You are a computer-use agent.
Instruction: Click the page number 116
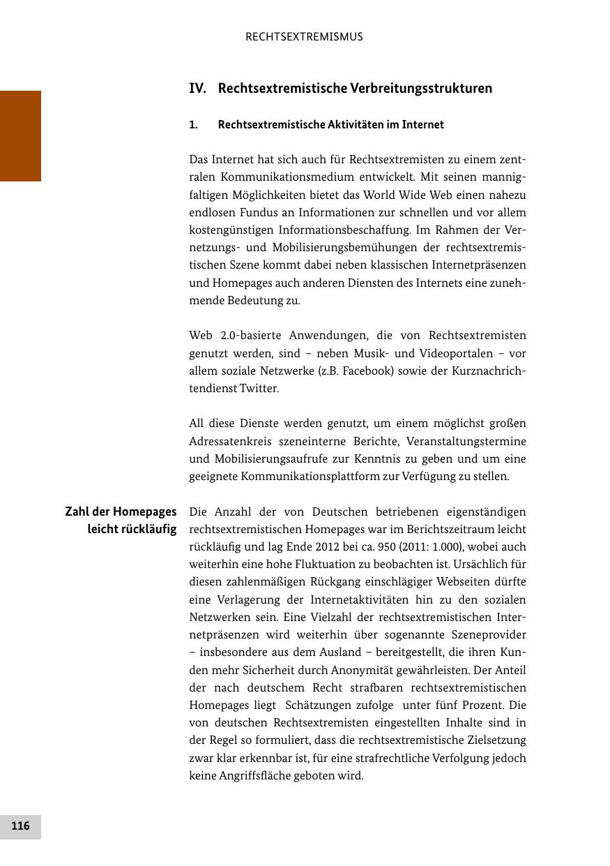pyautogui.click(x=20, y=826)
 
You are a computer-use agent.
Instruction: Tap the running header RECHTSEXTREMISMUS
pyautogui.click(x=304, y=37)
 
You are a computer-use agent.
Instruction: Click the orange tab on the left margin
pyautogui.click(x=20, y=135)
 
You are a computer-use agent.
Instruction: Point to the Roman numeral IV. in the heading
pyautogui.click(x=198, y=89)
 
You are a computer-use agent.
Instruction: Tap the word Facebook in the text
pyautogui.click(x=367, y=371)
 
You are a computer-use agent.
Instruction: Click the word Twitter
pyautogui.click(x=259, y=389)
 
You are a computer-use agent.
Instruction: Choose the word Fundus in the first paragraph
pyautogui.click(x=246, y=213)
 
